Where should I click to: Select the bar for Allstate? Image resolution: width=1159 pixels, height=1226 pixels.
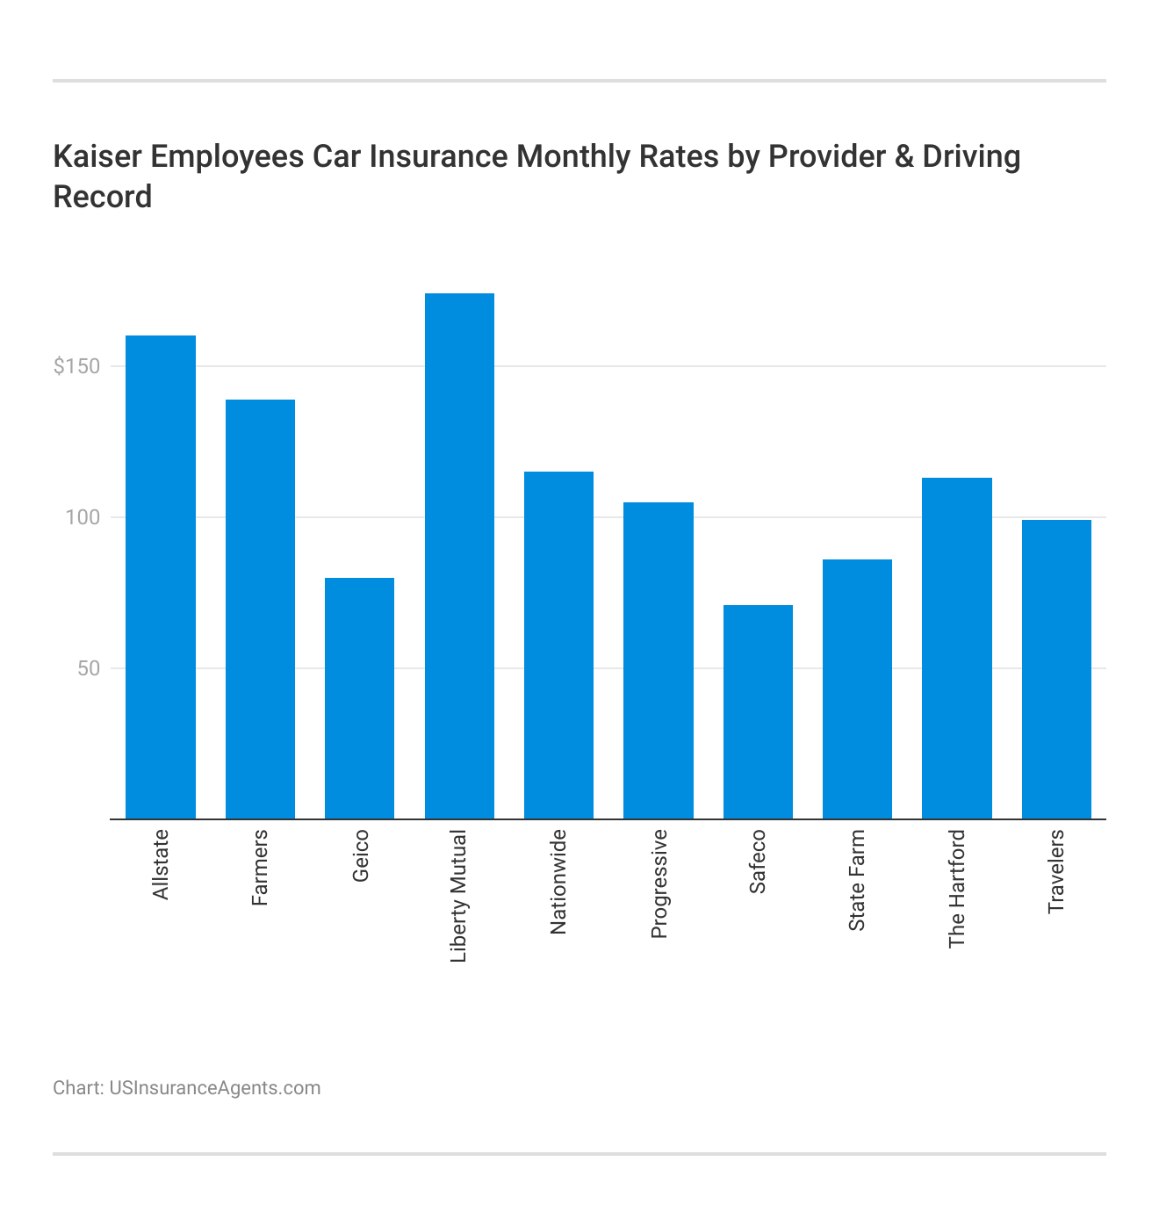click(x=161, y=577)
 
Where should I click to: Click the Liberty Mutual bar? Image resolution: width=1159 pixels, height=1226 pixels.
click(x=459, y=556)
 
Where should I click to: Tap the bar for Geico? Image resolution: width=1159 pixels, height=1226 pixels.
click(x=359, y=698)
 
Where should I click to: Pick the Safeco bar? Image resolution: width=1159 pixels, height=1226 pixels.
click(x=758, y=711)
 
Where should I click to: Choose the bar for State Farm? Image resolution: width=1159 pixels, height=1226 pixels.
click(x=857, y=689)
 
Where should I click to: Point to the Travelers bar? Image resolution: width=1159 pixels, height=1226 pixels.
click(x=1056, y=669)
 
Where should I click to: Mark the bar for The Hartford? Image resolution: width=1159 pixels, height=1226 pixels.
click(x=956, y=648)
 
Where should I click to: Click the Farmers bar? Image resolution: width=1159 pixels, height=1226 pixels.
click(x=260, y=609)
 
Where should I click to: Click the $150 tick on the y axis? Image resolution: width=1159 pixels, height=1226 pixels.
click(x=77, y=366)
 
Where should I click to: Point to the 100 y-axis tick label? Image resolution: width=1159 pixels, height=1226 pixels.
click(x=83, y=517)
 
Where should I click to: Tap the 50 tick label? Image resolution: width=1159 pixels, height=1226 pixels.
click(x=89, y=668)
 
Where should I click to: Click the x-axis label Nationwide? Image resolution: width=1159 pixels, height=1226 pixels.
click(x=558, y=882)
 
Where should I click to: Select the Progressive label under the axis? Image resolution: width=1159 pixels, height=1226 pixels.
click(x=659, y=883)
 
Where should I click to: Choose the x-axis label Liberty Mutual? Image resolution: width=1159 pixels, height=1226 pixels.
click(x=459, y=896)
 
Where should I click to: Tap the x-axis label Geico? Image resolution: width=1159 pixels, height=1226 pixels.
click(x=360, y=855)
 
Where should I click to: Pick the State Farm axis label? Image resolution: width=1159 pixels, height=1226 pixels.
click(x=857, y=880)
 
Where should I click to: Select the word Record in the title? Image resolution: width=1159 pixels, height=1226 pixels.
click(x=103, y=197)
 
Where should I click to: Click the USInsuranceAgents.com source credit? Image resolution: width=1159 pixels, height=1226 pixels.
click(x=214, y=1088)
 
